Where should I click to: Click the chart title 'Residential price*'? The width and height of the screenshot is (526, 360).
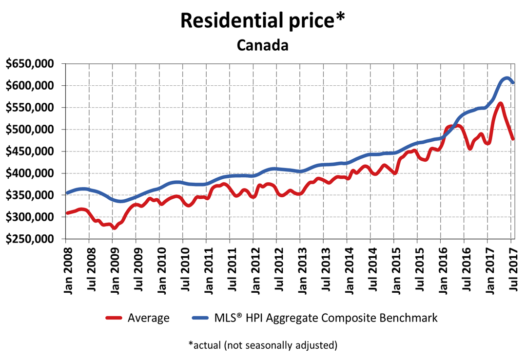pos(263,21)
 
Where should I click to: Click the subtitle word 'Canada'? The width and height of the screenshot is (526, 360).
pos(263,45)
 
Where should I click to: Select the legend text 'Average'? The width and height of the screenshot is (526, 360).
pos(149,318)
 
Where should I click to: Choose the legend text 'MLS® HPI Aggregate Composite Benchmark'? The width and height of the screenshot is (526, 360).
pos(326,318)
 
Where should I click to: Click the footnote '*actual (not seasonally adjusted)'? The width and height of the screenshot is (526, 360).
pos(263,345)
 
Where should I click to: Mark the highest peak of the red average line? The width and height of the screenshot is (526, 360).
pos(500,103)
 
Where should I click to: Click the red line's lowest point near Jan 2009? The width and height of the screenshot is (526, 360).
pos(114,227)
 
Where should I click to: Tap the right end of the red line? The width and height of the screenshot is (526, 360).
pos(513,139)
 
